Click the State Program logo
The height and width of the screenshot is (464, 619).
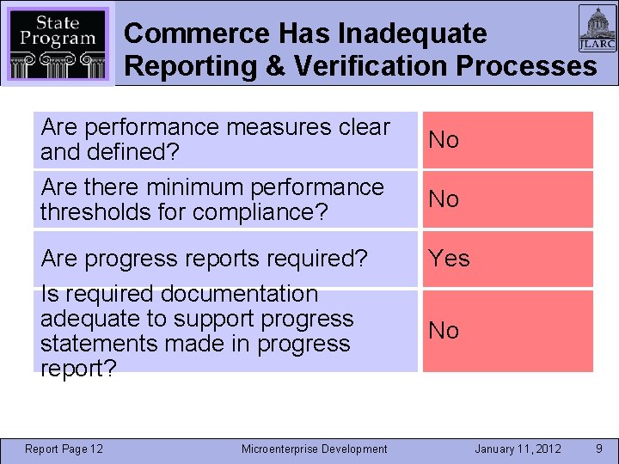pyautogui.click(x=58, y=43)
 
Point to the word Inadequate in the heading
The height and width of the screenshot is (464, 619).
pyautogui.click(x=412, y=34)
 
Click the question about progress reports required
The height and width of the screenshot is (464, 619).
pyautogui.click(x=205, y=258)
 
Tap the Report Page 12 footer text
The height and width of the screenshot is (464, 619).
pyautogui.click(x=64, y=449)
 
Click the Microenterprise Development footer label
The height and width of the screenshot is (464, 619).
pyautogui.click(x=314, y=449)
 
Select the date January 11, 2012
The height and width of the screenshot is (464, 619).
pyautogui.click(x=518, y=449)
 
